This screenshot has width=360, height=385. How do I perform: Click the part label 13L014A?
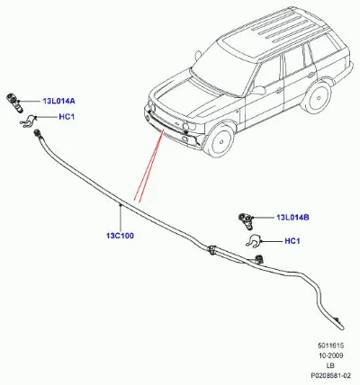point(58,102)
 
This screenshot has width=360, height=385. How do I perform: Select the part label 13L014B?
point(292,218)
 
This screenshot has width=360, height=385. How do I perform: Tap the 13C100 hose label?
point(120,236)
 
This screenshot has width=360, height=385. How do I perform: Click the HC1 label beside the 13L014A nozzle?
point(67,117)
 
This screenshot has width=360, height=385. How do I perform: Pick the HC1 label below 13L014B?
point(292,241)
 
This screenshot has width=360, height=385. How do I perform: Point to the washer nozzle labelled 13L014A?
point(14,103)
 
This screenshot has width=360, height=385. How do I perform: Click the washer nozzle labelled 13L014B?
point(246,220)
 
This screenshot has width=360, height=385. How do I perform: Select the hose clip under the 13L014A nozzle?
point(28,121)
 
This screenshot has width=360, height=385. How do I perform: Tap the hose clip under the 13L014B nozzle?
point(254,240)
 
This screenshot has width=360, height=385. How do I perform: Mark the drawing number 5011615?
point(331,345)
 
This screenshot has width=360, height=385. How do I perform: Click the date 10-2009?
point(331,355)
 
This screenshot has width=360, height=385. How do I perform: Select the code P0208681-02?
point(330,375)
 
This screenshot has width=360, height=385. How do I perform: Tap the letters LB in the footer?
point(330,365)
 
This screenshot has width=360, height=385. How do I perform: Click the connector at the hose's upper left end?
point(38,133)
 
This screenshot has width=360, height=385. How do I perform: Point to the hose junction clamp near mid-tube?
point(211,250)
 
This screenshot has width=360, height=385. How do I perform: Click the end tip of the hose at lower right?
point(342,328)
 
